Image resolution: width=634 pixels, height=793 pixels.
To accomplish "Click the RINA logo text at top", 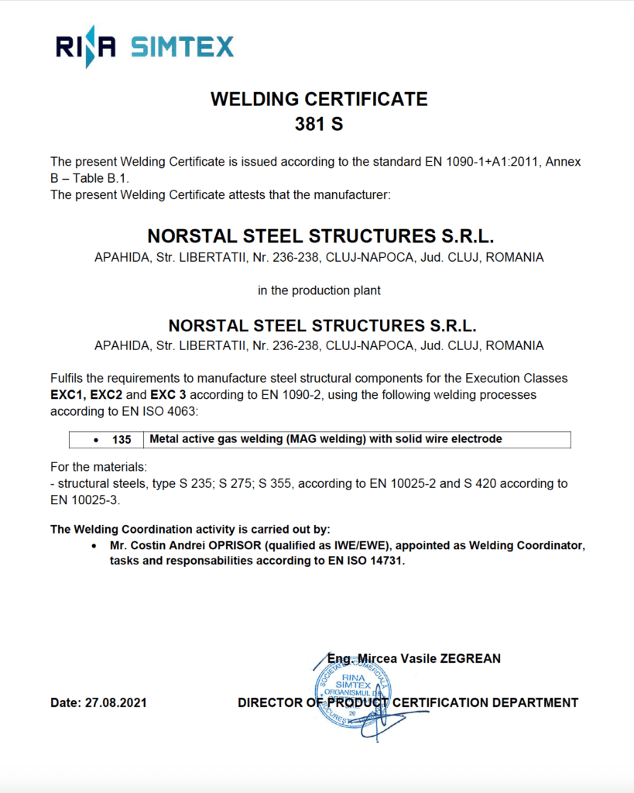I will [x=86, y=47].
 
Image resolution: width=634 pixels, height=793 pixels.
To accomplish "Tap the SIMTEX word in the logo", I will [x=182, y=47].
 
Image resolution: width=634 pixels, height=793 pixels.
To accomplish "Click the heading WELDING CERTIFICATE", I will [x=319, y=99].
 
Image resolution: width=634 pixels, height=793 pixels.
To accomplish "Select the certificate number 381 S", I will [x=319, y=124].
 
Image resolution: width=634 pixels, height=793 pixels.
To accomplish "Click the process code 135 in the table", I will [x=122, y=440].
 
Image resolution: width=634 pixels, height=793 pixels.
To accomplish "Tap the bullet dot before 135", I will [x=95, y=440].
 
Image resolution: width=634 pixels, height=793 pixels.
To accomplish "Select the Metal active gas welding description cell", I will [x=325, y=439].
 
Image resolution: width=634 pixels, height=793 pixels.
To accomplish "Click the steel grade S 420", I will [x=481, y=483].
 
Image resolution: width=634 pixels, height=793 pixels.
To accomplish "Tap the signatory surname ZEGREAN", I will [x=470, y=659].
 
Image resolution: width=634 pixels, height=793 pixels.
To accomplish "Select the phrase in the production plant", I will [x=319, y=291].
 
